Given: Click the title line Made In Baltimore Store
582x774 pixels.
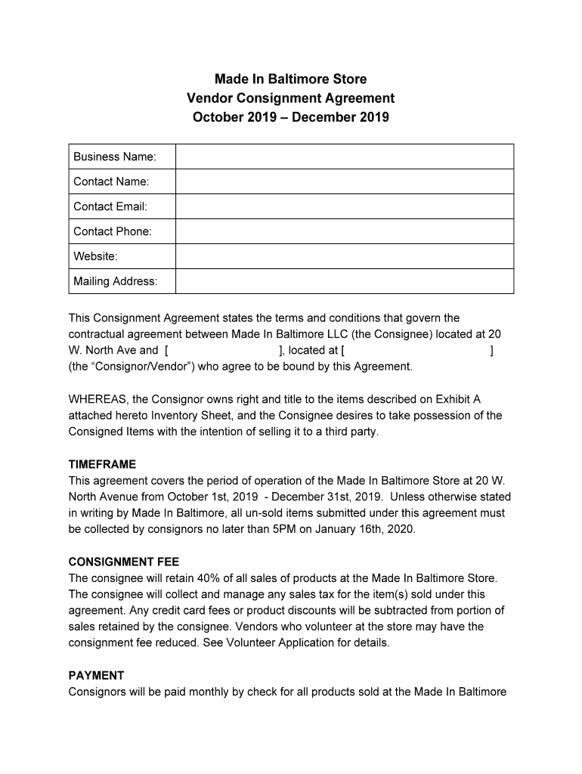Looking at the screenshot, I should [290, 79].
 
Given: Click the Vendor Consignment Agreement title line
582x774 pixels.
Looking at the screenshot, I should [290, 98].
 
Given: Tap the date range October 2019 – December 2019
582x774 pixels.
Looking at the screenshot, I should [290, 117].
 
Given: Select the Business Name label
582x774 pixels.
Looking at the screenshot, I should [114, 156].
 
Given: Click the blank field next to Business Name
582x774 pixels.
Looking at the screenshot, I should [344, 156].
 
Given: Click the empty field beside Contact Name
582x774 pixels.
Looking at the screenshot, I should [344, 181].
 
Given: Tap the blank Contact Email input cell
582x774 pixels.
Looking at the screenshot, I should [344, 206].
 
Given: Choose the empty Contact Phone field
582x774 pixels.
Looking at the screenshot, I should [344, 231].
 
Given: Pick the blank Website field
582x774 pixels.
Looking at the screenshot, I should [344, 256].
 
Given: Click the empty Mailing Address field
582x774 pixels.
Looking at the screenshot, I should [344, 281].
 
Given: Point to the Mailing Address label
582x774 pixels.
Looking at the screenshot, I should [115, 281].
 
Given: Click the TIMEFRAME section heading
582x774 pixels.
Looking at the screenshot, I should [102, 464].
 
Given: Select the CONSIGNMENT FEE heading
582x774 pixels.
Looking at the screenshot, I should [124, 562].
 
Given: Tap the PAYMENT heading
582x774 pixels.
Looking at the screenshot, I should [96, 676].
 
